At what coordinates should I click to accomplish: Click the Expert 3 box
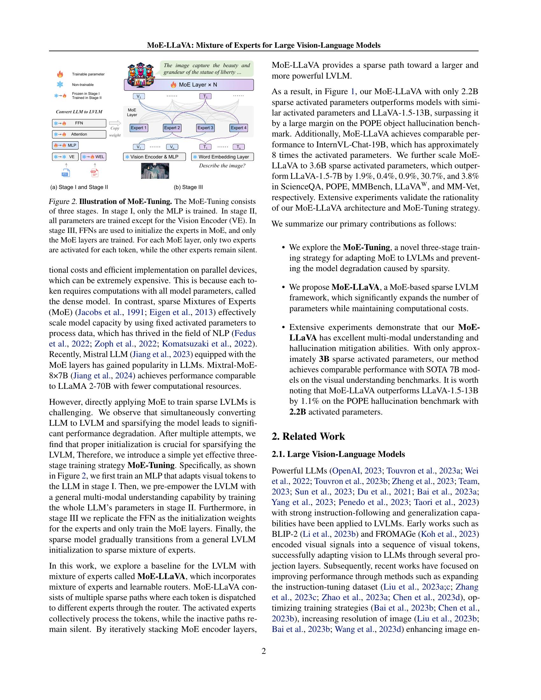pyautogui.click(x=205, y=128)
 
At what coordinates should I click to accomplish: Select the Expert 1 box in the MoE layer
pyautogui.click(x=138, y=128)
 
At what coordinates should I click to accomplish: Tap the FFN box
pyautogui.click(x=79, y=123)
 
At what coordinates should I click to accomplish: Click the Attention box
pyautogui.click(x=79, y=134)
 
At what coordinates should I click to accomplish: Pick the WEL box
pyautogui.click(x=93, y=157)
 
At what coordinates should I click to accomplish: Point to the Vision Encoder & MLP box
pyautogui.click(x=155, y=157)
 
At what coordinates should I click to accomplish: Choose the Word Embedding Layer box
pyautogui.click(x=222, y=157)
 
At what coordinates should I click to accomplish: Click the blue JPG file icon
pyautogui.click(x=66, y=173)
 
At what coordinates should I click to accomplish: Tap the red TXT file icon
pyautogui.click(x=95, y=173)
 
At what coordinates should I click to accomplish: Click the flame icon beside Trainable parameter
pyautogui.click(x=60, y=74)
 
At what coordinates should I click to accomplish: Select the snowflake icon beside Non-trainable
pyautogui.click(x=60, y=85)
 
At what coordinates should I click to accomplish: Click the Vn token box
pyautogui.click(x=172, y=147)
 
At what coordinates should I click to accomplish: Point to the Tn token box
pyautogui.click(x=238, y=147)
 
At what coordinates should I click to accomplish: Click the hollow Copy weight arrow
pyautogui.click(x=115, y=123)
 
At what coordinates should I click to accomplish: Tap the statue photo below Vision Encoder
pyautogui.click(x=155, y=171)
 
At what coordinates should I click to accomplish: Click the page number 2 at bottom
pyautogui.click(x=263, y=651)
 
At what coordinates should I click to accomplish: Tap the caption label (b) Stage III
pyautogui.click(x=188, y=187)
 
